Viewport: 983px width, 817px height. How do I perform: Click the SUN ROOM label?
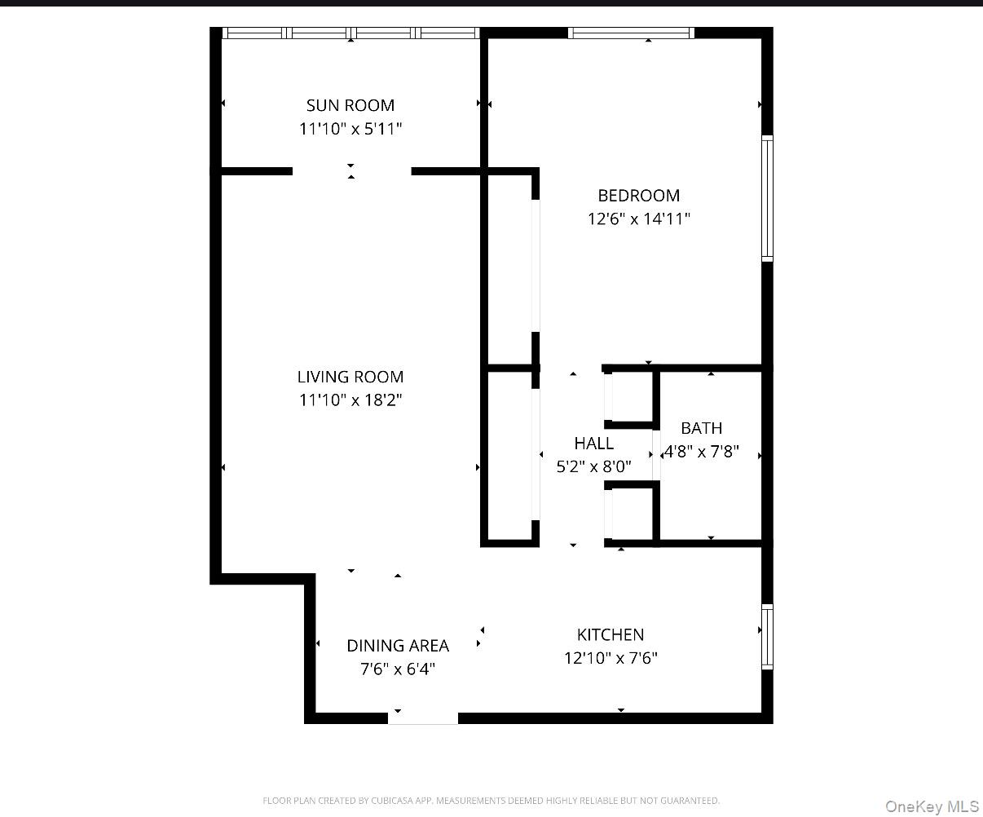pyautogui.click(x=350, y=105)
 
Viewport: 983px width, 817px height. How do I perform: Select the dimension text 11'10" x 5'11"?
pyautogui.click(x=350, y=129)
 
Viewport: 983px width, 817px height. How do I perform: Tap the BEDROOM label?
pyautogui.click(x=638, y=196)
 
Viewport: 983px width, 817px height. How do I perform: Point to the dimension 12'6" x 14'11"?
pyautogui.click(x=638, y=219)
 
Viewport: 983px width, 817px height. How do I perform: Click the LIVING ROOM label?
pyautogui.click(x=350, y=377)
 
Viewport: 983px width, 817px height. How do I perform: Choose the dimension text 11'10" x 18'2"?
pyautogui.click(x=350, y=400)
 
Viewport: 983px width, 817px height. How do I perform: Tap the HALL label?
pyautogui.click(x=593, y=444)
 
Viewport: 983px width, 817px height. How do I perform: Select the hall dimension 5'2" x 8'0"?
pyautogui.click(x=593, y=467)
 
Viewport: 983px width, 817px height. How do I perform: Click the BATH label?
pyautogui.click(x=701, y=428)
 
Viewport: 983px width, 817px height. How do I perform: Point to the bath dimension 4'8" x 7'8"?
pyautogui.click(x=702, y=452)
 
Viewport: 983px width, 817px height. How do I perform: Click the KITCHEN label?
pyautogui.click(x=611, y=634)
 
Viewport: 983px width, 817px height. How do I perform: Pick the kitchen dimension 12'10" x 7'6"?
pyautogui.click(x=611, y=658)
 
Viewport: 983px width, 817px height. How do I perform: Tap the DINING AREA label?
pyautogui.click(x=398, y=646)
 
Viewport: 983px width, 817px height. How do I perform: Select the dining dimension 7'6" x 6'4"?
pyautogui.click(x=398, y=669)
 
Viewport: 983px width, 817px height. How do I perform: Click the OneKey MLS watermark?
pyautogui.click(x=932, y=806)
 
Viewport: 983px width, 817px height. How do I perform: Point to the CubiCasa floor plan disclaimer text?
pyautogui.click(x=491, y=801)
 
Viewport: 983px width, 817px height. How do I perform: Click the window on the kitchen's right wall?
pyautogui.click(x=767, y=637)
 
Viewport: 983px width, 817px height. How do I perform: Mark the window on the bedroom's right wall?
pyautogui.click(x=767, y=198)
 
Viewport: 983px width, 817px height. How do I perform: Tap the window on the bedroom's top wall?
pyautogui.click(x=631, y=33)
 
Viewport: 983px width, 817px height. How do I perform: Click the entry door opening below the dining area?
pyautogui.click(x=422, y=718)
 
